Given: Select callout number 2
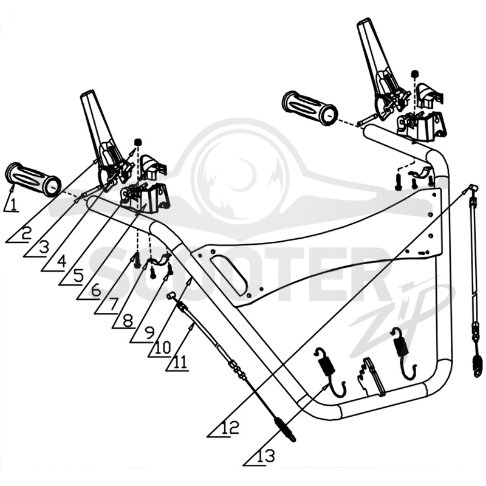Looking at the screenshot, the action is pos(26,233).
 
